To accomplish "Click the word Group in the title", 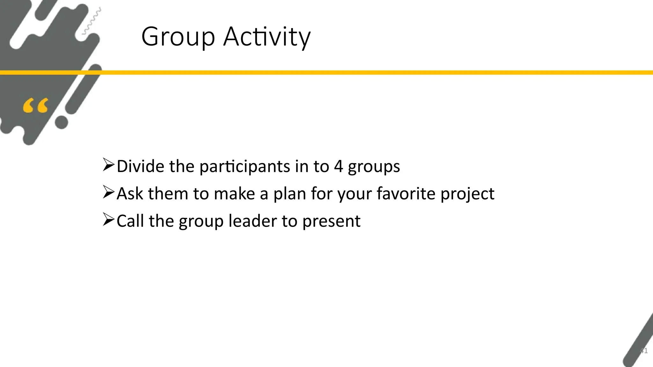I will [178, 37].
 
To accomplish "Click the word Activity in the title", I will [267, 37].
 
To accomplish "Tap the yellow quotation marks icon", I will [35, 106].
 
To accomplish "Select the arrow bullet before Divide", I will [108, 165].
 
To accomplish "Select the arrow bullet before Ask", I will [108, 192].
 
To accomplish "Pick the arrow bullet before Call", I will [108, 220].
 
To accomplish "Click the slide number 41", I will [644, 351].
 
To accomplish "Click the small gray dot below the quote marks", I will [62, 122].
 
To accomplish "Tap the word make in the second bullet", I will [234, 193].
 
